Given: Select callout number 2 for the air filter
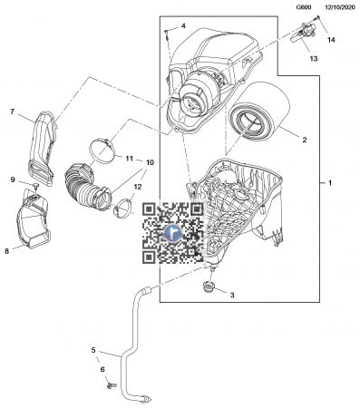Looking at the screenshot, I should pos(304,141).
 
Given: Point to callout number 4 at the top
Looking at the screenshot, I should pos(183,25).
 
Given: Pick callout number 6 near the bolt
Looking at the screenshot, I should pos(102,369).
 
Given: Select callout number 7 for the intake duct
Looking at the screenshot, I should pos(13,112).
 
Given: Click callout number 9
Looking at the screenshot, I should pos(13,180).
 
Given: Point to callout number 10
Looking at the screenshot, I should pos(150,163).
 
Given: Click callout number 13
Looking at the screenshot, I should pos(313,58).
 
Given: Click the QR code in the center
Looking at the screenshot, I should pos(172,232).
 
